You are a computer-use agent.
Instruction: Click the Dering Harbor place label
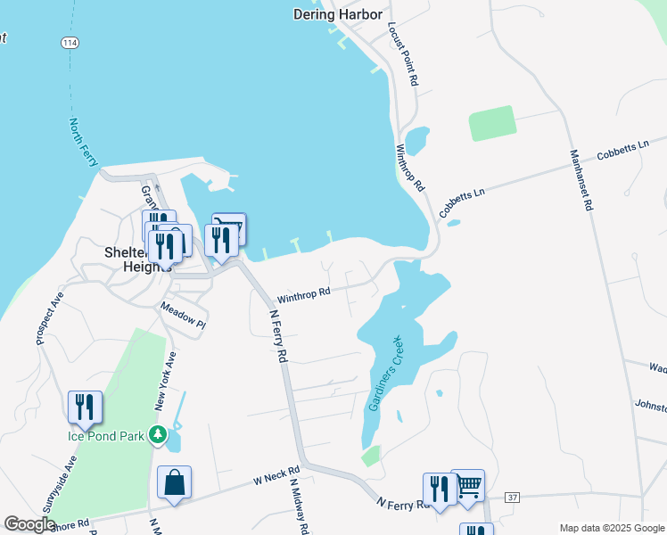pyautogui.click(x=338, y=14)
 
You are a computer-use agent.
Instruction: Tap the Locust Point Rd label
pyautogui.click(x=402, y=54)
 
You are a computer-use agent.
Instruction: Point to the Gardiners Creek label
pyautogui.click(x=385, y=374)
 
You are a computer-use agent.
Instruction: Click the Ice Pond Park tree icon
pyautogui.click(x=158, y=435)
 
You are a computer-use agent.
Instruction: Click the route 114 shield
pyautogui.click(x=70, y=42)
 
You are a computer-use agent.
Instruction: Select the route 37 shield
pyautogui.click(x=512, y=496)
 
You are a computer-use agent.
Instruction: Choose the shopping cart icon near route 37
pyautogui.click(x=468, y=486)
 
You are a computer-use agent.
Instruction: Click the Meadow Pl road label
pyautogui.click(x=183, y=316)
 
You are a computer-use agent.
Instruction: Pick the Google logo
pyautogui.click(x=29, y=524)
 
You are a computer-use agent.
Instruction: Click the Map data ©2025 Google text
pyautogui.click(x=611, y=528)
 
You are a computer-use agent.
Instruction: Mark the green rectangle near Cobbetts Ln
pyautogui.click(x=492, y=123)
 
